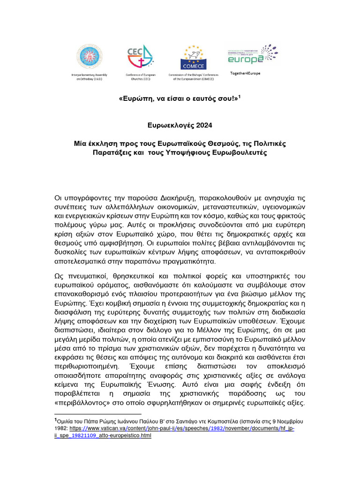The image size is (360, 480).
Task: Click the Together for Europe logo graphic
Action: click(251, 55)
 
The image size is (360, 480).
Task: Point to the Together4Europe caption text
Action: click(245, 74)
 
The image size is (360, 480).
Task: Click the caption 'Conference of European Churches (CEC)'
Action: click(140, 77)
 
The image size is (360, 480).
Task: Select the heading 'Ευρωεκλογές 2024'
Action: click(180, 125)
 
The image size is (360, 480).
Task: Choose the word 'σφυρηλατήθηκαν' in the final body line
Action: click(178, 403)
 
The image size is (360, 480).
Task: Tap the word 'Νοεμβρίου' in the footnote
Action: click(290, 421)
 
